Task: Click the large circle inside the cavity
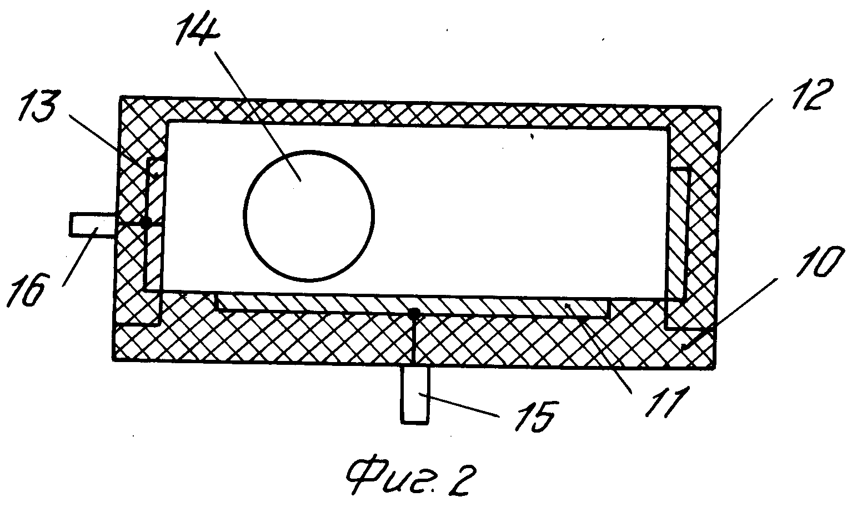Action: (x=308, y=215)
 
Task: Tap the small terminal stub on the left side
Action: (x=92, y=224)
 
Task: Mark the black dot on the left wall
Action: (x=146, y=223)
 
